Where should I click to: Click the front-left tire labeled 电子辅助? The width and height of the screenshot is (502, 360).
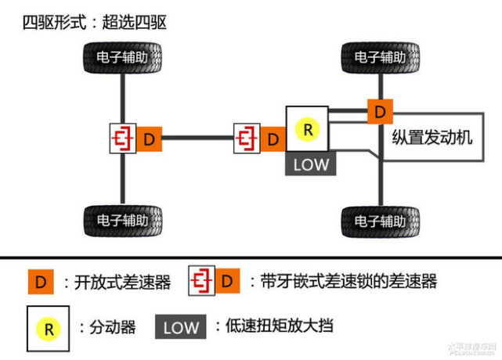coord(122,58)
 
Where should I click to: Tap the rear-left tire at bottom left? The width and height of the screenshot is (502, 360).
coord(122,221)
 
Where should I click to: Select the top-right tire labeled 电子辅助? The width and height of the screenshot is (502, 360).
coord(380,58)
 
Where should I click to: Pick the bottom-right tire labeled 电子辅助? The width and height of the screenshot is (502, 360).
coord(380,221)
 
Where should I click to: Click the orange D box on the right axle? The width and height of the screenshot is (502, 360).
coord(380,112)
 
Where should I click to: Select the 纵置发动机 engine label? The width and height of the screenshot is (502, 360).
coord(432,138)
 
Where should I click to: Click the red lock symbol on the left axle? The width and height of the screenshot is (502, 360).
coord(123,139)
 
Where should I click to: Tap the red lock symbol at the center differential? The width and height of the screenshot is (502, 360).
coord(247,139)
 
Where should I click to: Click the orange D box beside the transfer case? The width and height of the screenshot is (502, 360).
coord(273,140)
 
